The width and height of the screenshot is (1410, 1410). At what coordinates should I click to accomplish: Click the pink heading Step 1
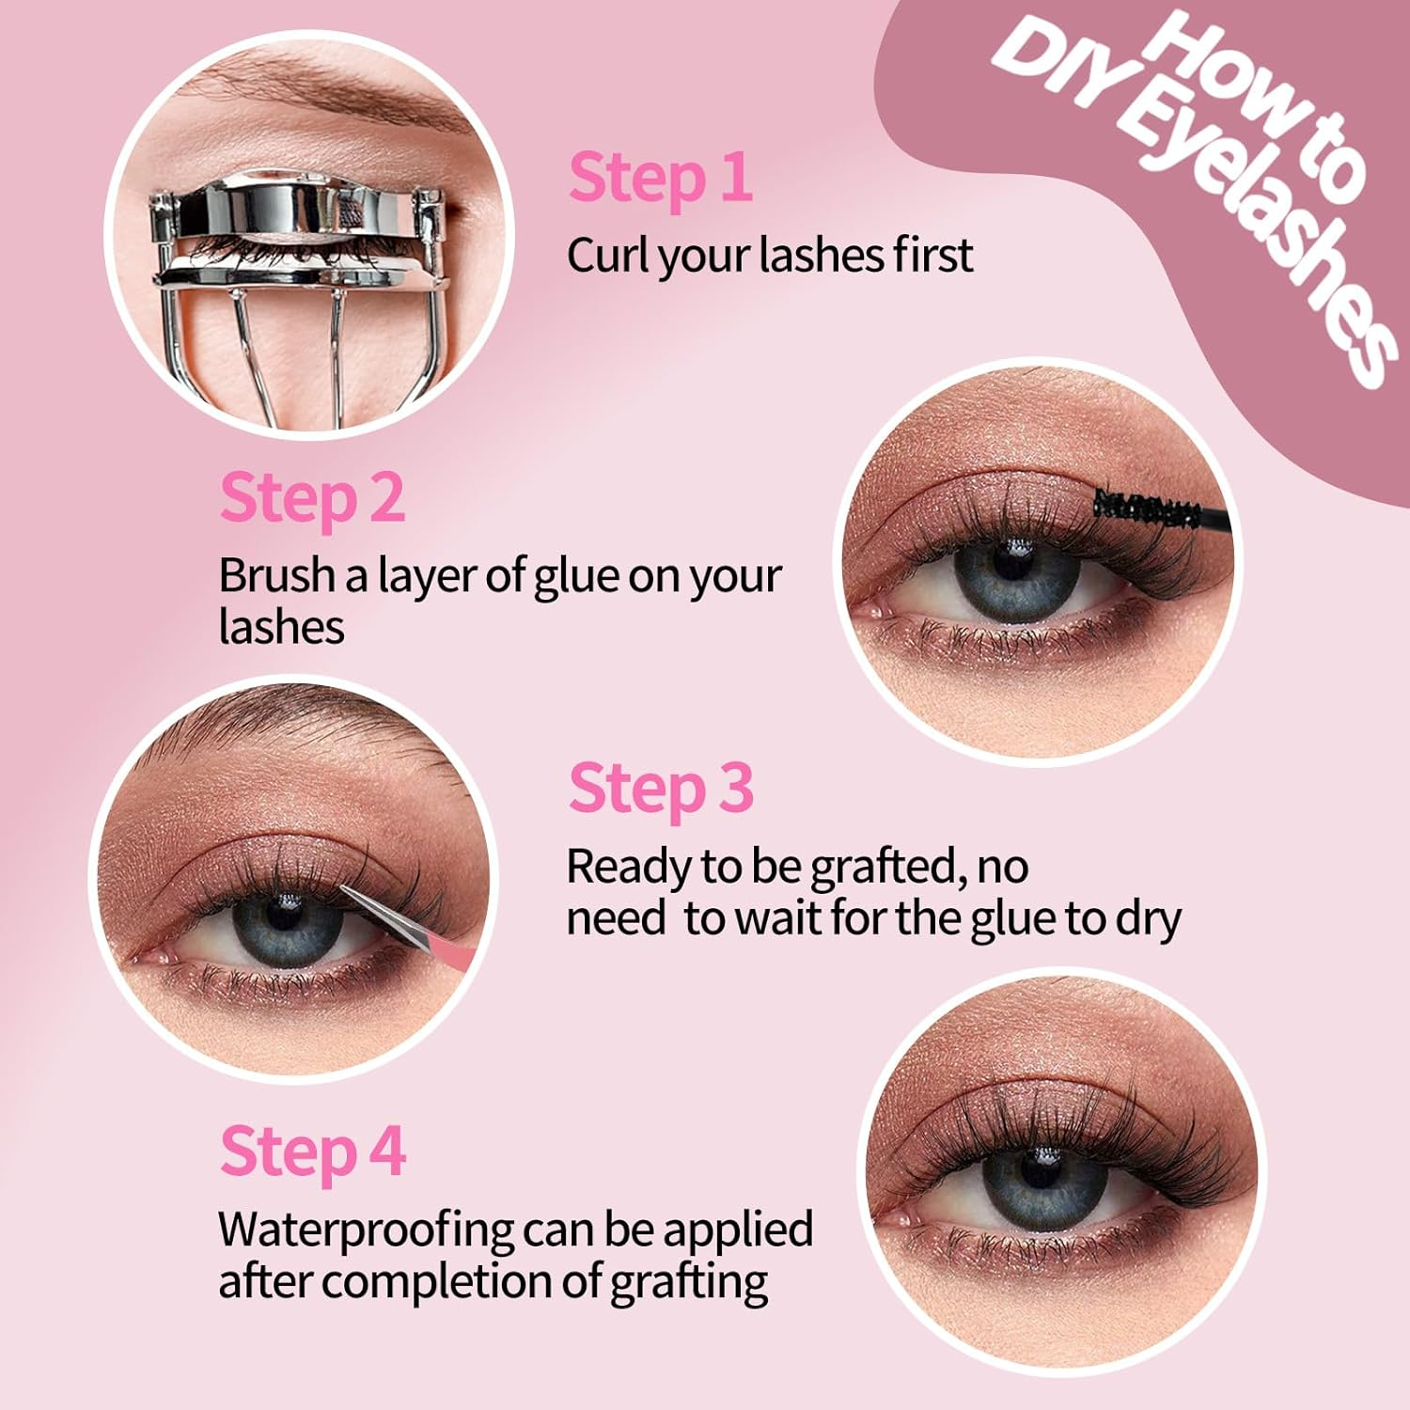tap(660, 179)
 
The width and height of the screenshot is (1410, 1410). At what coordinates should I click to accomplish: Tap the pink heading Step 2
tap(312, 498)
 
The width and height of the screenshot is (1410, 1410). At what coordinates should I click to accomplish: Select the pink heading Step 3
tap(661, 790)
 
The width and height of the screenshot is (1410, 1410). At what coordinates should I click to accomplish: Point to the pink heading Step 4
tap(313, 1152)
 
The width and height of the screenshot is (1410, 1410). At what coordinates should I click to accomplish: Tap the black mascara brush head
tap(1147, 509)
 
